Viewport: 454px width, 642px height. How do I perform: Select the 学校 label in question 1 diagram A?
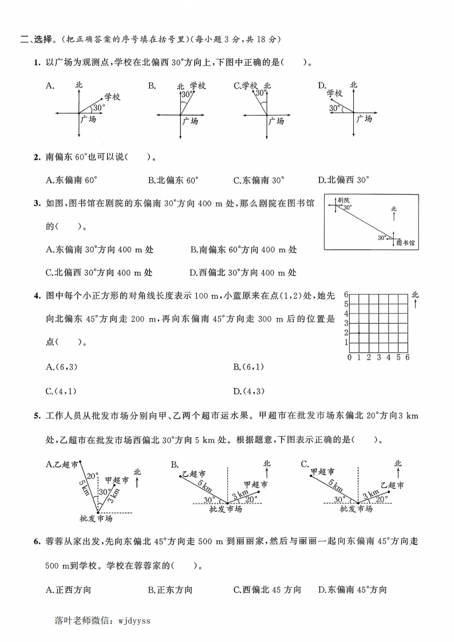pyautogui.click(x=112, y=97)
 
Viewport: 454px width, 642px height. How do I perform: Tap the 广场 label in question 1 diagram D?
pyautogui.click(x=364, y=118)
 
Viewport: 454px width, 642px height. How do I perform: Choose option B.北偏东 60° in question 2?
pyautogui.click(x=173, y=180)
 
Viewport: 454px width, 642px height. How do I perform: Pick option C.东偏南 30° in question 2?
pyautogui.click(x=259, y=180)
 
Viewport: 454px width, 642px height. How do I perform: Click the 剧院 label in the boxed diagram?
pyautogui.click(x=344, y=200)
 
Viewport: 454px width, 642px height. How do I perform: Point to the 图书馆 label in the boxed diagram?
pyautogui.click(x=405, y=243)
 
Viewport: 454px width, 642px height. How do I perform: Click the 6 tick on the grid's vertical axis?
pyautogui.click(x=346, y=294)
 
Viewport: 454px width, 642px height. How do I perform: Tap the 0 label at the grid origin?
pyautogui.click(x=349, y=358)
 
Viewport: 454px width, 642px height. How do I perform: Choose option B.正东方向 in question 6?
pyautogui.click(x=170, y=589)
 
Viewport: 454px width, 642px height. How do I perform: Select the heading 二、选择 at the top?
pyautogui.click(x=33, y=39)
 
